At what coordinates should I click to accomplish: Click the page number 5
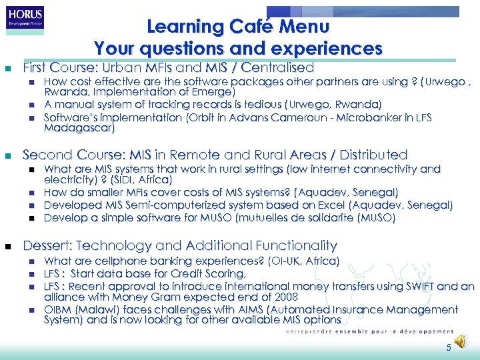pyautogui.click(x=449, y=347)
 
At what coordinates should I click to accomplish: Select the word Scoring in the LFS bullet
pyautogui.click(x=225, y=273)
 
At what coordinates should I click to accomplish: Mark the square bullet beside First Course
pyautogui.click(x=7, y=69)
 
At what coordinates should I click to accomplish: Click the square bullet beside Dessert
pyautogui.click(x=7, y=246)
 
